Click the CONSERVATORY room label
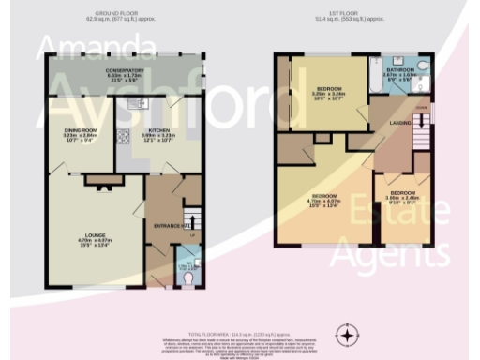[x=124, y=69]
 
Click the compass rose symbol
[x=349, y=335]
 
